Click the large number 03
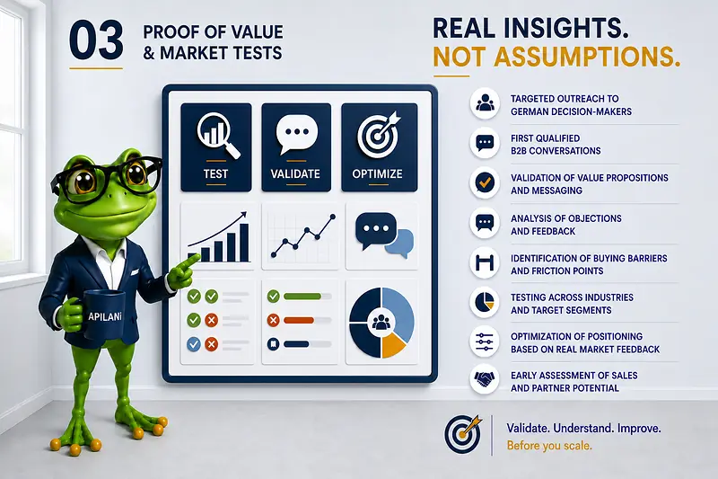click(96, 40)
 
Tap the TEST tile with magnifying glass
click(216, 147)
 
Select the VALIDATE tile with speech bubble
click(296, 147)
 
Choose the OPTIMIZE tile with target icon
click(379, 147)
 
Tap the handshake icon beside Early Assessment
click(485, 379)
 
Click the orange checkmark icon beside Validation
click(485, 182)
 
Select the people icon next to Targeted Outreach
click(485, 103)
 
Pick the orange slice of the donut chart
click(392, 345)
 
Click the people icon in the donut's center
click(381, 323)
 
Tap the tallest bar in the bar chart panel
click(244, 243)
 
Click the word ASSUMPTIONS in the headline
click(587, 57)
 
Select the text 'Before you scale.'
click(549, 446)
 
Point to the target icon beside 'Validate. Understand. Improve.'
click(463, 434)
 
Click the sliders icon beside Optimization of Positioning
click(485, 342)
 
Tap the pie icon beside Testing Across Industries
click(485, 303)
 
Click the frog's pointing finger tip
click(197, 257)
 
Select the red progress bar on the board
click(299, 320)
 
